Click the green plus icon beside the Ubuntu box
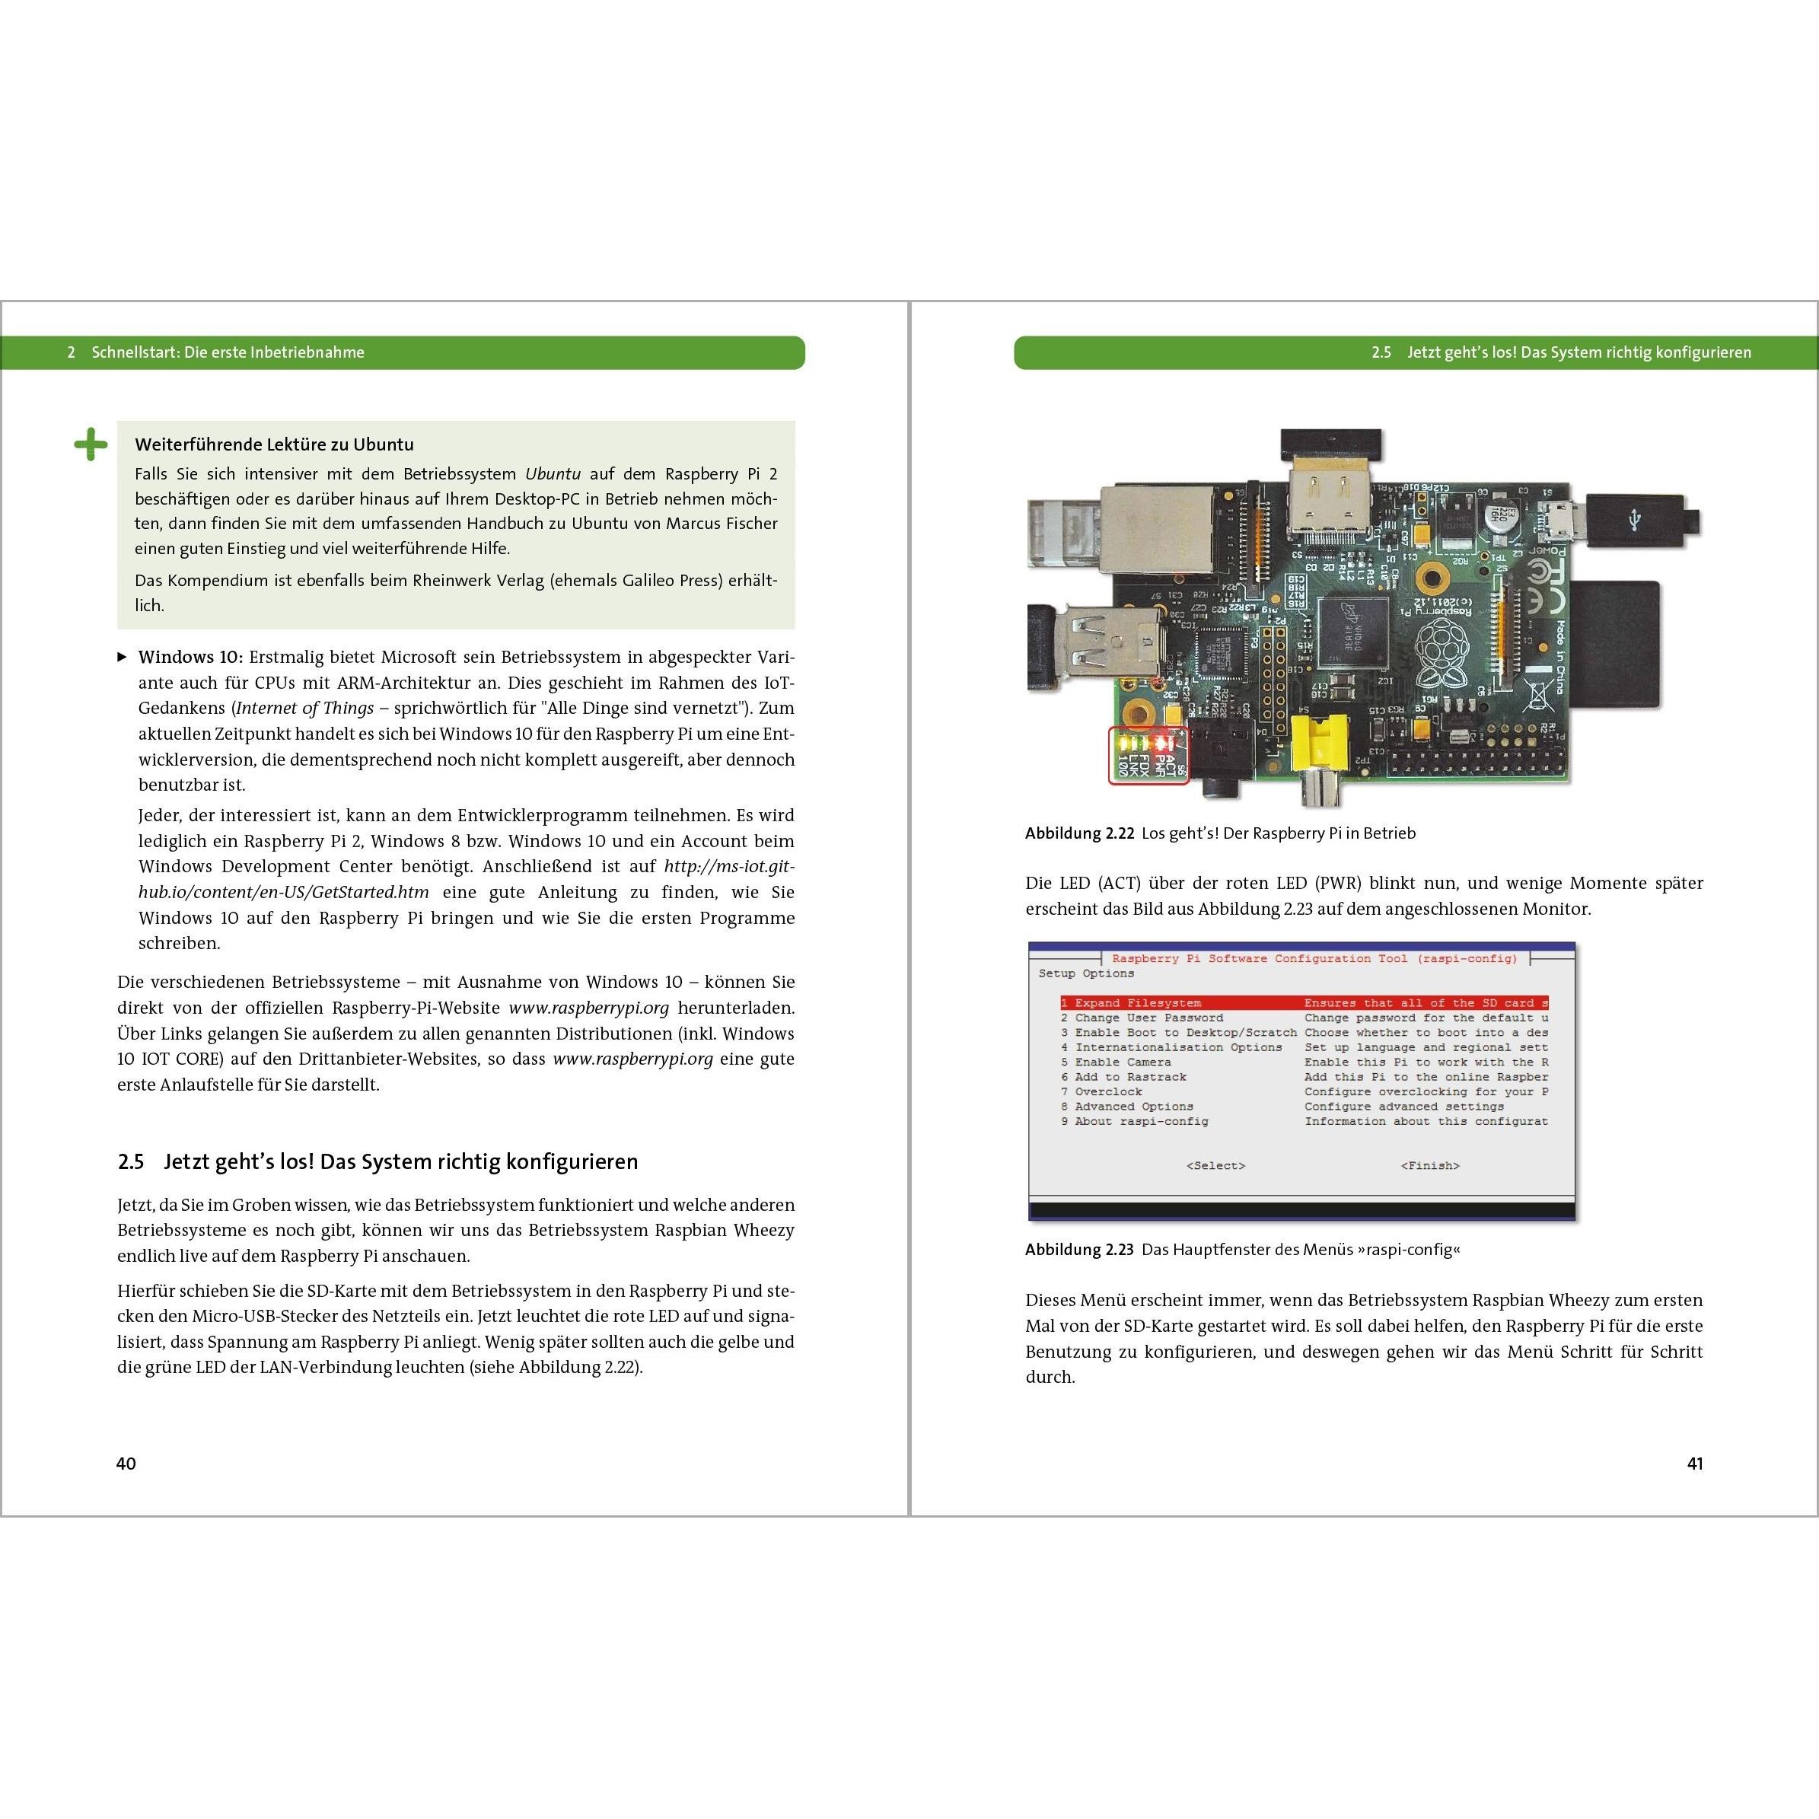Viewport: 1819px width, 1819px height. click(91, 444)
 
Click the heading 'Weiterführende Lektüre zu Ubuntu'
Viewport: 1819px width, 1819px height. click(274, 444)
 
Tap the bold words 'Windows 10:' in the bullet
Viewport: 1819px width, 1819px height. click(190, 657)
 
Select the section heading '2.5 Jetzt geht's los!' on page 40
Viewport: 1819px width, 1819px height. click(377, 1162)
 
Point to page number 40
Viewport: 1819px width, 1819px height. click(126, 1463)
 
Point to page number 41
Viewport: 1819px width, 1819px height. click(1695, 1463)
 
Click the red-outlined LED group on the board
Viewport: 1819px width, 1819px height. click(1148, 754)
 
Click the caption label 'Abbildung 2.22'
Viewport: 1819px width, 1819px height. click(1079, 833)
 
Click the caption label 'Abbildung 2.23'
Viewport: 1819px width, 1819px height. click(1079, 1250)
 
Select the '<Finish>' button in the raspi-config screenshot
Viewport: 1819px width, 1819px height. click(1429, 1165)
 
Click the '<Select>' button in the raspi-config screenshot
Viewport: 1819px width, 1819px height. click(1215, 1165)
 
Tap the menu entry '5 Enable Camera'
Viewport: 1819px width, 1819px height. click(1117, 1062)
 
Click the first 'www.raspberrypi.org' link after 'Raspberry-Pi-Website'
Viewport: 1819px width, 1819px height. click(588, 1008)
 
